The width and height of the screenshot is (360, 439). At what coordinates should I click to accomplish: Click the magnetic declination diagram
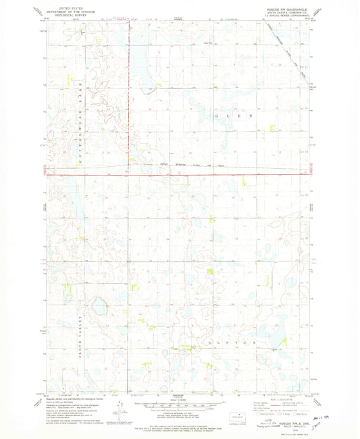(x=121, y=410)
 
